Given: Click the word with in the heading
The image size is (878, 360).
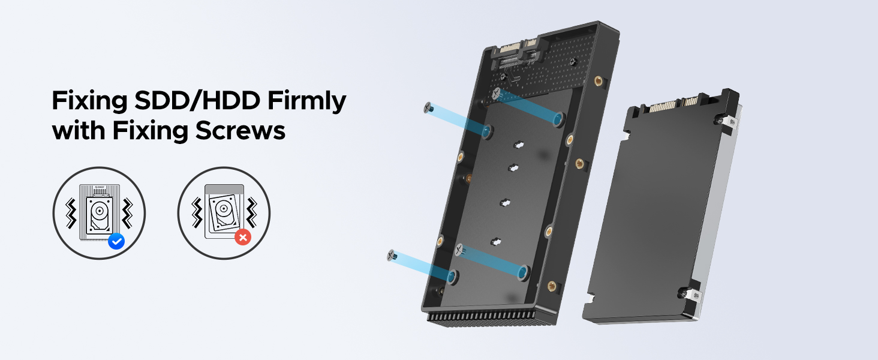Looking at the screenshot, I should point(76,131).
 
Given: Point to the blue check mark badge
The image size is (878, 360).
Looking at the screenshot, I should point(116,241).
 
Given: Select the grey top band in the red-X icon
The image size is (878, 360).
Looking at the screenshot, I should point(224,188).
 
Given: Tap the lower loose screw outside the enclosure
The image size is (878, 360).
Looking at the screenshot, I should point(393,256).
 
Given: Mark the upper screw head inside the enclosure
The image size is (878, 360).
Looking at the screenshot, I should point(496,93).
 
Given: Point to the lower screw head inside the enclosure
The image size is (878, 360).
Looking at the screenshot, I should point(460,250).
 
